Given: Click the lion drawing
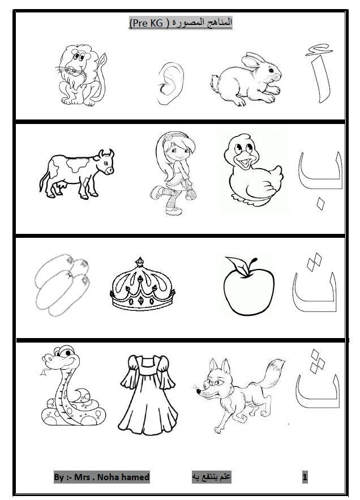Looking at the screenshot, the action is (82, 75).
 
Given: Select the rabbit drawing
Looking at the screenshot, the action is (246, 80).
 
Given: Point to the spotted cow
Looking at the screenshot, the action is (76, 174).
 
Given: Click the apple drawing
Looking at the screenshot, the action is (248, 286).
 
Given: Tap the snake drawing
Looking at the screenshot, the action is (72, 386).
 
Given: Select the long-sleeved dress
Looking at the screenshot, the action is (148, 395).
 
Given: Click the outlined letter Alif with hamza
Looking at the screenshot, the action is (320, 73).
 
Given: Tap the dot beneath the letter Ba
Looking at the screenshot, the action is (320, 204).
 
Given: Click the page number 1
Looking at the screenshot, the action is (305, 477).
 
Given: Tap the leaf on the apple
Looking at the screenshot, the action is (237, 266).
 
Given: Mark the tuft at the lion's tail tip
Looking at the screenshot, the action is (102, 59).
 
